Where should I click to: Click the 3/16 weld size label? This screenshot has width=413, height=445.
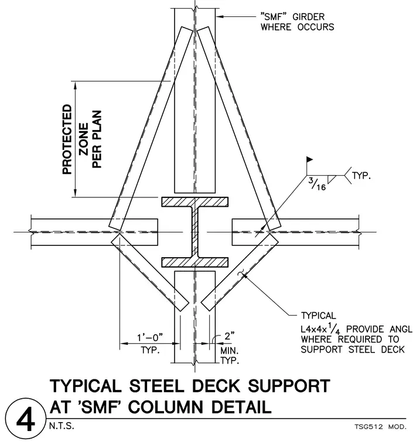coord(317,184)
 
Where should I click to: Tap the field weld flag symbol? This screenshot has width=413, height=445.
coord(309,159)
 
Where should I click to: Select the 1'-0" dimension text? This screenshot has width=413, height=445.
coord(150,337)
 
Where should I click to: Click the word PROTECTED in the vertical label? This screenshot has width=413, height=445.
coord(67,139)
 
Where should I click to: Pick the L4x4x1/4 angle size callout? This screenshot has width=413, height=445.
coord(321,329)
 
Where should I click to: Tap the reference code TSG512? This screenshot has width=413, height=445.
coord(369,426)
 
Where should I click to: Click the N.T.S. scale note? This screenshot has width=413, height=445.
coord(62,426)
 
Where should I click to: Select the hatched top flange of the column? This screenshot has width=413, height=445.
coord(194,201)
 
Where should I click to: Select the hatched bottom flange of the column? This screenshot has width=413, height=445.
coord(194,262)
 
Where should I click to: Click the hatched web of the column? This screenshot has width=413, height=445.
coord(194,232)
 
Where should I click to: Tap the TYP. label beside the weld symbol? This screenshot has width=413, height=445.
coord(361,176)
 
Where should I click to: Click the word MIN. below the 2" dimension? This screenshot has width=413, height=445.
coord(230,351)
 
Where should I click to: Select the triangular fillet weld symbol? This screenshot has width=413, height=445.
coord(331,179)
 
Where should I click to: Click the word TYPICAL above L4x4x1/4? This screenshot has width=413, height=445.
coord(318,316)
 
